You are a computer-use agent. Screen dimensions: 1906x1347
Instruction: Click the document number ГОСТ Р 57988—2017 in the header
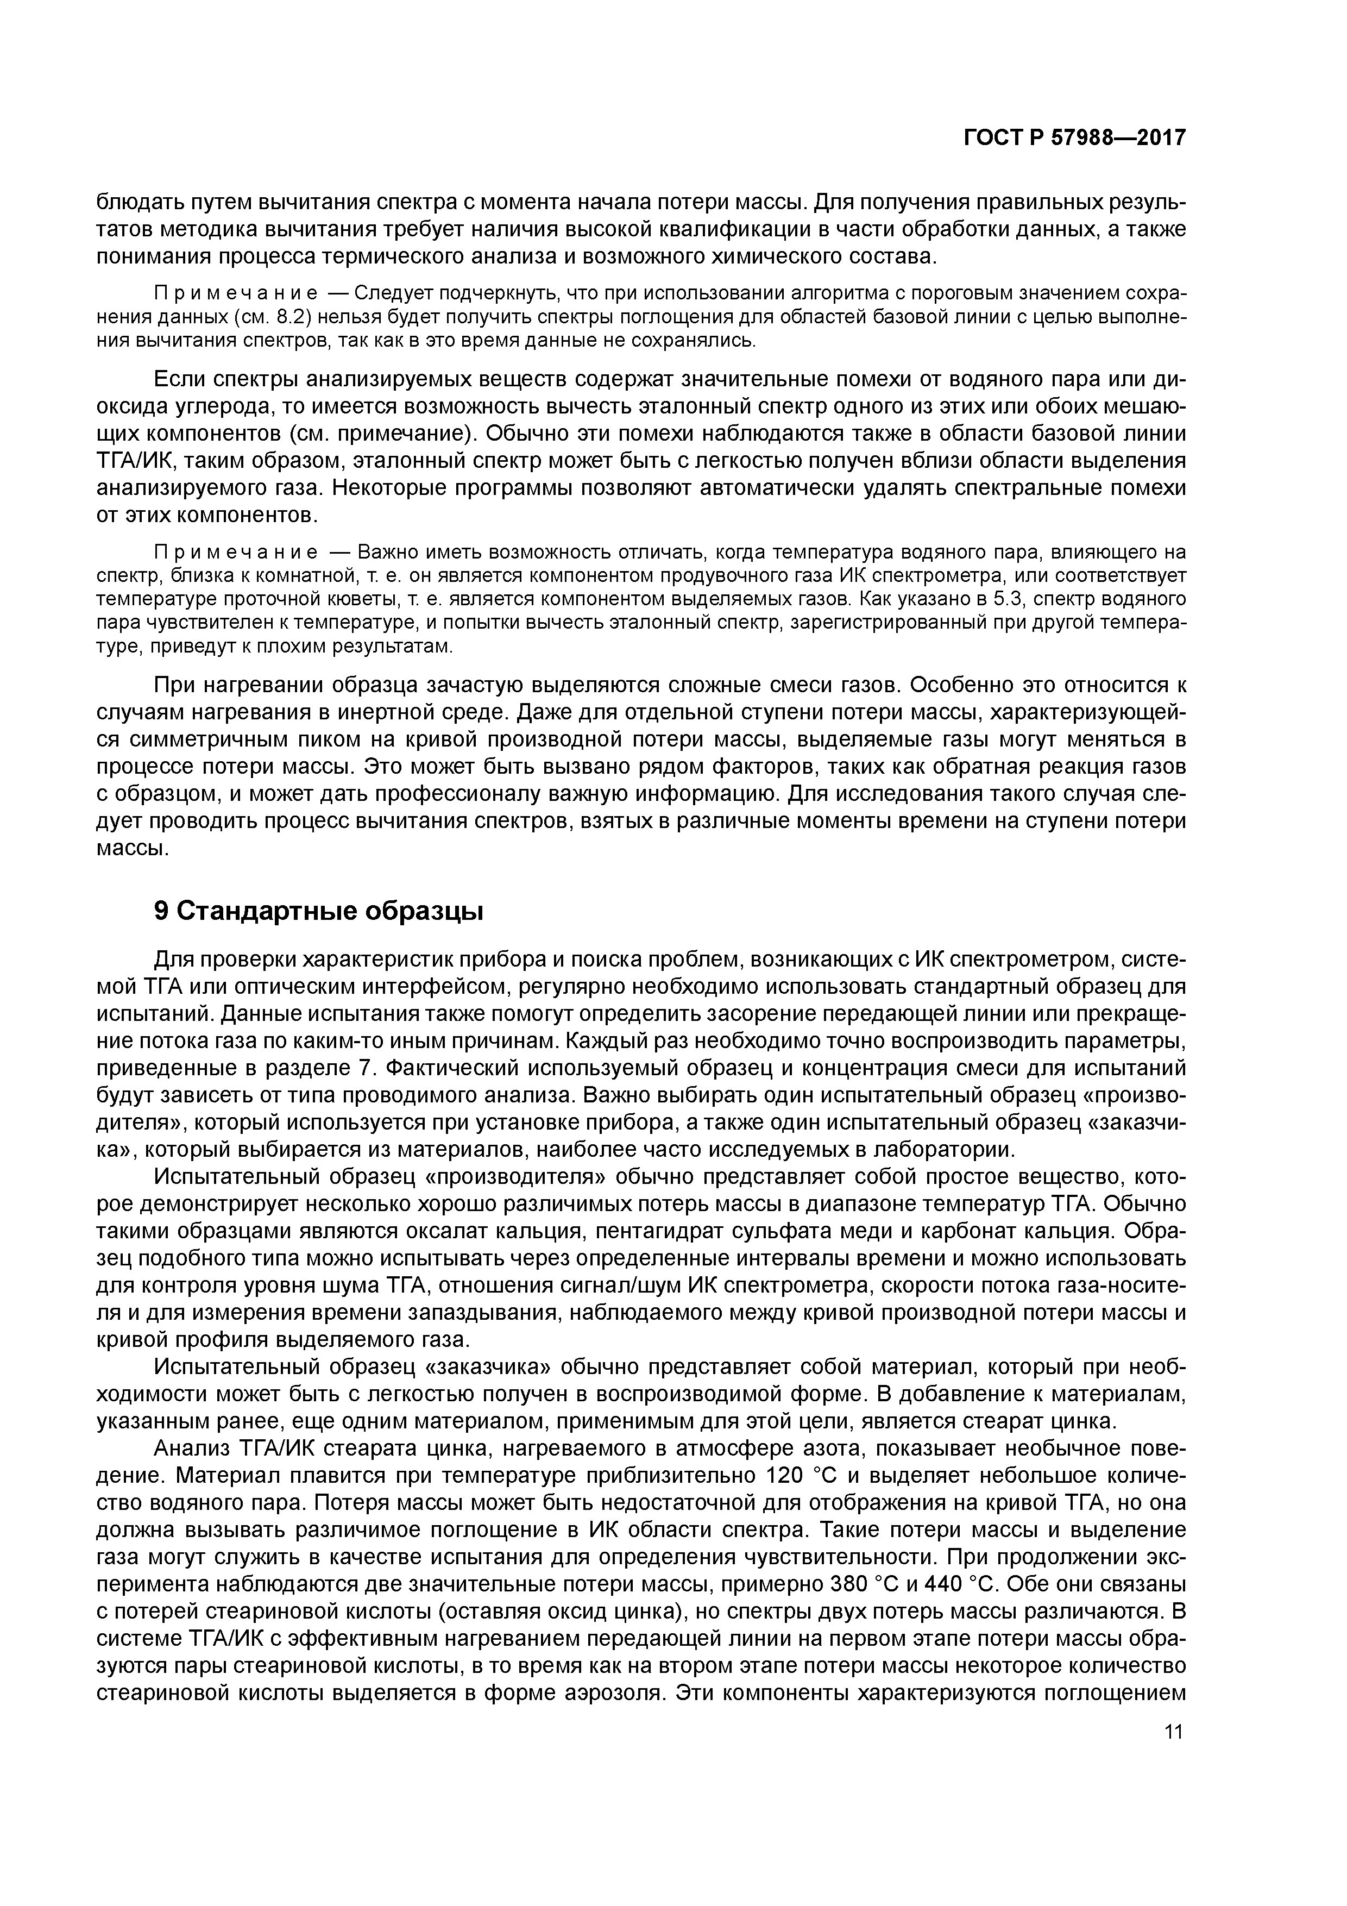(x=1074, y=138)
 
